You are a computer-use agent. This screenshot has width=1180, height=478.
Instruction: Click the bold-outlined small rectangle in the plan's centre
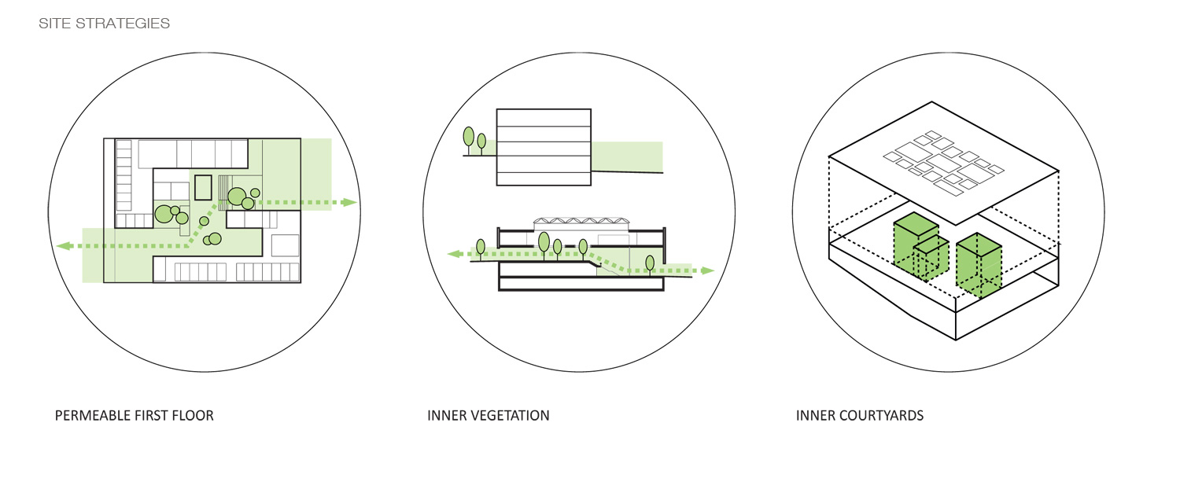pos(203,188)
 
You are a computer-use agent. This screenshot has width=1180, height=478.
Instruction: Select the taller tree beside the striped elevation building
pos(469,138)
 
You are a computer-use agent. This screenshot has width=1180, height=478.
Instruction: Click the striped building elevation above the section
pos(543,147)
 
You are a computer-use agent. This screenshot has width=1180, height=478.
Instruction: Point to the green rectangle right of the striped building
pos(626,156)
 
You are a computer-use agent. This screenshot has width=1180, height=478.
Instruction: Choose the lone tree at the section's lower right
pos(649,263)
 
